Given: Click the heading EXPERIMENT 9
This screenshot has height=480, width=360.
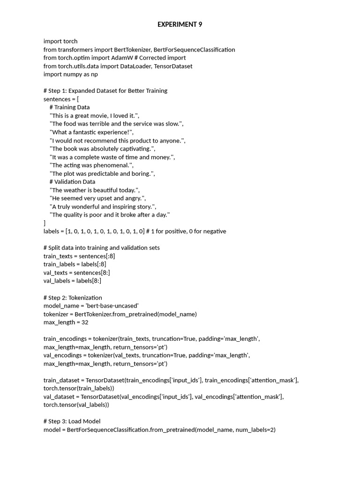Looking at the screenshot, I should [x=180, y=24].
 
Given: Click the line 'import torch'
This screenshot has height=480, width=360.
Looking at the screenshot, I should [x=60, y=41].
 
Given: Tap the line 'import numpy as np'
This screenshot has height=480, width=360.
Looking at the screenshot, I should [x=71, y=74].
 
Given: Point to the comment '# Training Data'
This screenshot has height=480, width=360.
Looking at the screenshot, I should [x=69, y=107].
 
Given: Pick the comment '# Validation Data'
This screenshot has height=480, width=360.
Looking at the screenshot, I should [x=72, y=182].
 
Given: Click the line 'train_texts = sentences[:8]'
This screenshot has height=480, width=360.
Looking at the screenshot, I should [x=79, y=256].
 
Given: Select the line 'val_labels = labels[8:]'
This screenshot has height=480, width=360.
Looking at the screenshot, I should [x=72, y=281].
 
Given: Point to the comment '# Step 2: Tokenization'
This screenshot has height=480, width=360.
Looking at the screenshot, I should [x=73, y=298].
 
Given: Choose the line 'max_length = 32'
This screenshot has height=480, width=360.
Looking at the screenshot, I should [x=66, y=322].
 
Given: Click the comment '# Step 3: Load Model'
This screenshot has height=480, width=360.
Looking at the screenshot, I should [x=72, y=421].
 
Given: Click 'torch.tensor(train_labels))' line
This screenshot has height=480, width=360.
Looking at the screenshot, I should [x=79, y=388].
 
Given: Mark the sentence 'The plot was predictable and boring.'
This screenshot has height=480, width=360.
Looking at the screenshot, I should [x=102, y=173].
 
